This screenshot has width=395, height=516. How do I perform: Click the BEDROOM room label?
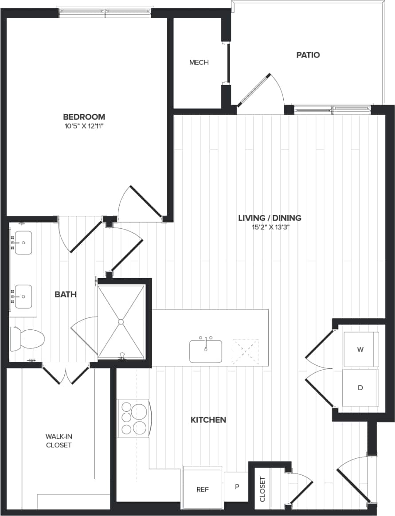click(84, 117)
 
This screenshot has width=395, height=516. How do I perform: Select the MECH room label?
click(199, 63)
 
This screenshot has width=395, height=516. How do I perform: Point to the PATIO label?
click(308, 55)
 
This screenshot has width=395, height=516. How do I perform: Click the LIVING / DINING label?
click(270, 218)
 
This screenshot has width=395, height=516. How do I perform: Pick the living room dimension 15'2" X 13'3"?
click(270, 227)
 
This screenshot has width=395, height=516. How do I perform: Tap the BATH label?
click(66, 294)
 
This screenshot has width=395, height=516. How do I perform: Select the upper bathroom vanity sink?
click(23, 243)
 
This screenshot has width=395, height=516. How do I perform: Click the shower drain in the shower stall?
click(121, 321)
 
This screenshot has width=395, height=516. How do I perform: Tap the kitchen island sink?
click(206, 351)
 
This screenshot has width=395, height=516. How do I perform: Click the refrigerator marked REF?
click(203, 489)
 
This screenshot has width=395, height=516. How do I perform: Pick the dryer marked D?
click(360, 388)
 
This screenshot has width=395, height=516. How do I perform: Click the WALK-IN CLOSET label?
click(59, 441)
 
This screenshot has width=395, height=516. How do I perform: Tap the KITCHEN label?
click(208, 420)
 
